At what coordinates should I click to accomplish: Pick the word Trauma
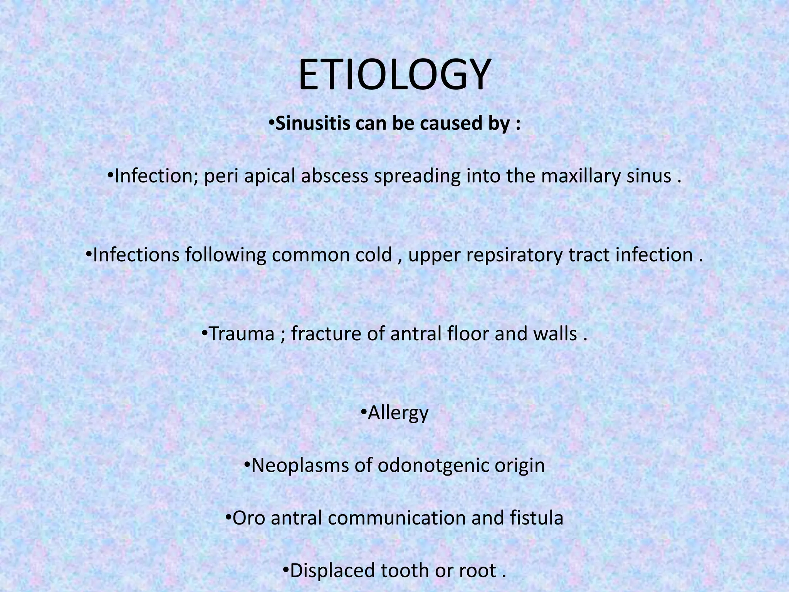tap(241, 334)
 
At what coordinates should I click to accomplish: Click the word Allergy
tap(398, 413)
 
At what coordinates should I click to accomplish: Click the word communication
tap(397, 518)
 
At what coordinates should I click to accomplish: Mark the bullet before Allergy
tap(364, 412)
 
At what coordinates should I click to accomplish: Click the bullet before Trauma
tap(205, 333)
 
